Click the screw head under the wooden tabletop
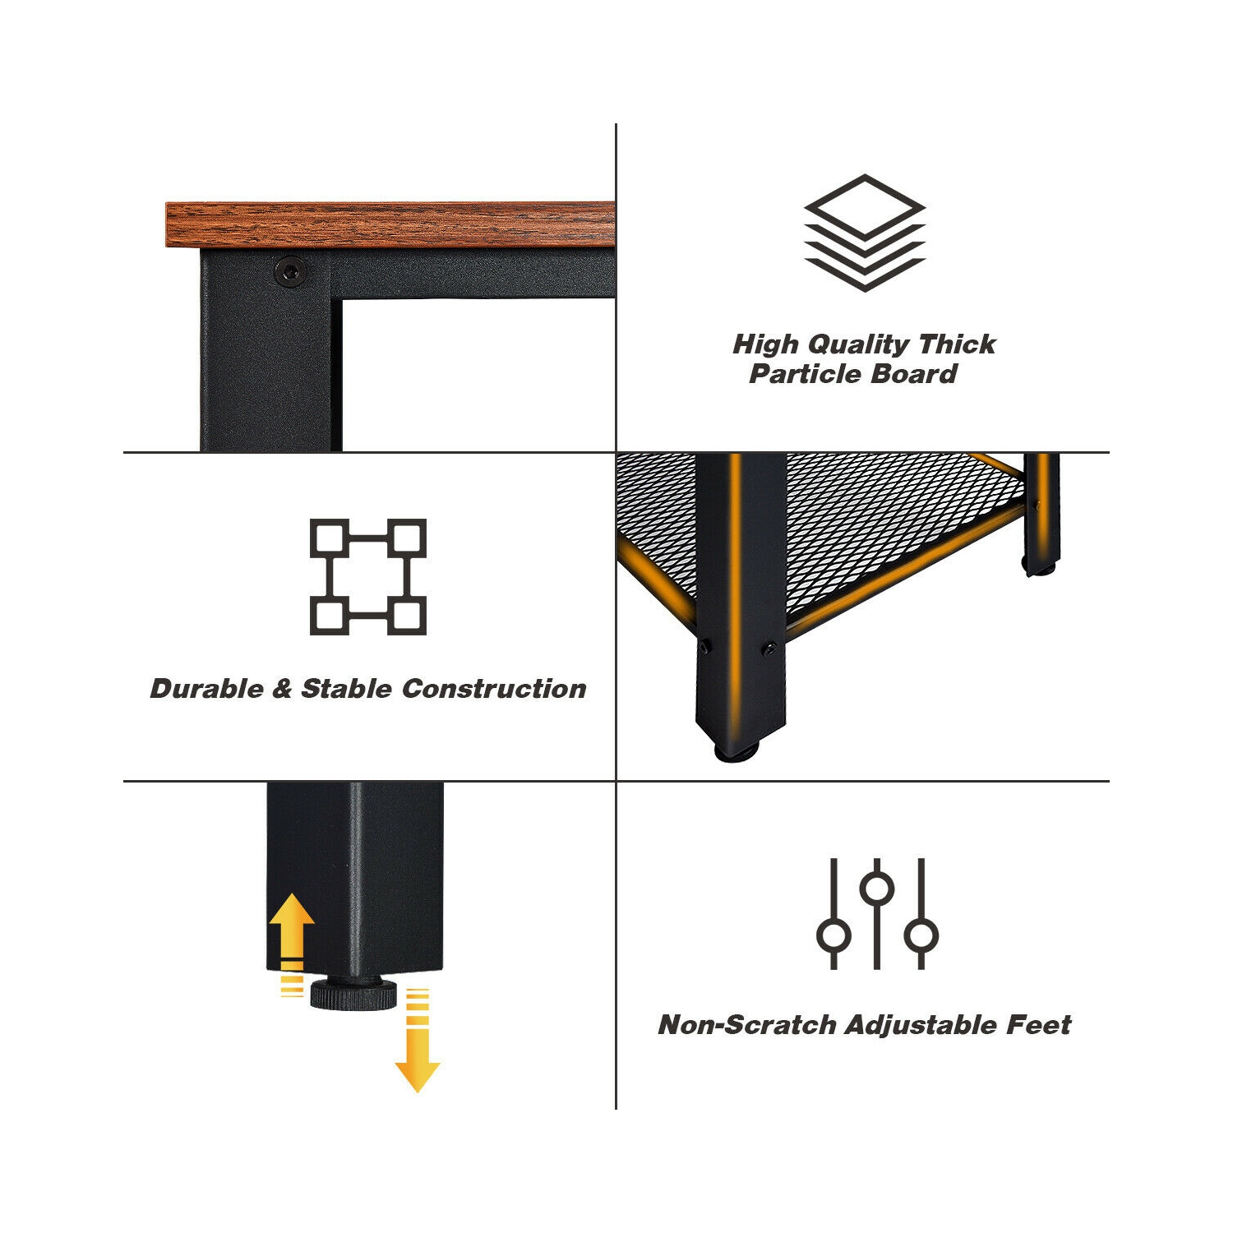pos(289,270)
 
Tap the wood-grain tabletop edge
pos(390,224)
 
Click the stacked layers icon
pos(865,233)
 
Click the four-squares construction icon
pos(368,576)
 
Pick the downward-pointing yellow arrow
pos(418,1041)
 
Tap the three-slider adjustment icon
pos(877,913)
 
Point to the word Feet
pos(1028,1024)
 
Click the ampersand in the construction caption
pos(282,688)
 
